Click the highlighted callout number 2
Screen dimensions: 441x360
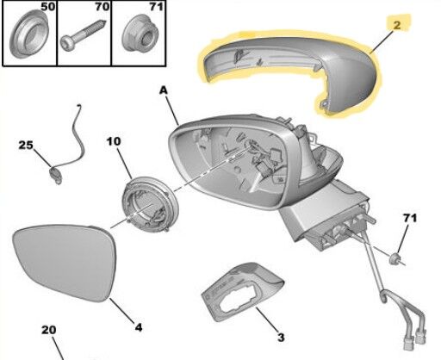coord(397,25)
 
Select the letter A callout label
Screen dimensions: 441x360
coord(163,90)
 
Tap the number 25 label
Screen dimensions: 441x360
coord(26,146)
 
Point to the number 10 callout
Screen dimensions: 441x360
coord(114,141)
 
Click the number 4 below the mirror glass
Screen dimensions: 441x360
coord(139,327)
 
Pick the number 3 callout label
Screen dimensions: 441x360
coord(281,337)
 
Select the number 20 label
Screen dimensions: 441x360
coord(49,330)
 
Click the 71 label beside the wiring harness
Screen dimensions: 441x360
coord(410,218)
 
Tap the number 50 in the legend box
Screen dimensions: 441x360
coord(47,7)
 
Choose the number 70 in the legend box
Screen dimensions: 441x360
coord(102,7)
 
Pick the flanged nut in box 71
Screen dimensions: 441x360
coord(140,34)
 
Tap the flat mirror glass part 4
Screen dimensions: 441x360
coord(65,263)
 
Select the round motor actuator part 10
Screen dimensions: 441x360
coord(151,204)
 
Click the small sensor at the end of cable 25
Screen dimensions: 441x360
coord(56,174)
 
